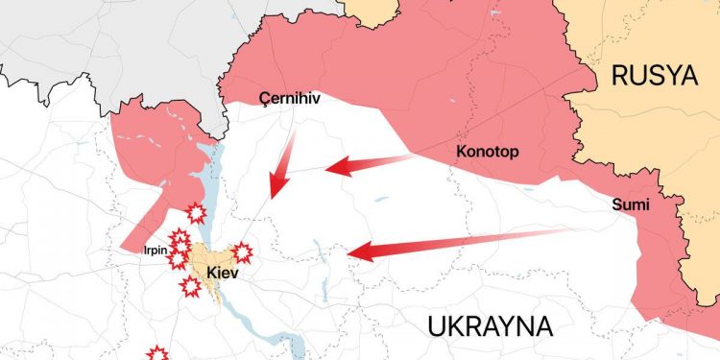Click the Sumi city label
tap(630, 204)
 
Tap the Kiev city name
tap(222, 273)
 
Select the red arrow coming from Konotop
tap(370, 164)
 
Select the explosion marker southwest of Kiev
tap(190, 286)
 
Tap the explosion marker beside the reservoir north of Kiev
tap(197, 213)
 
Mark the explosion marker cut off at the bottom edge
tap(156, 353)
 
